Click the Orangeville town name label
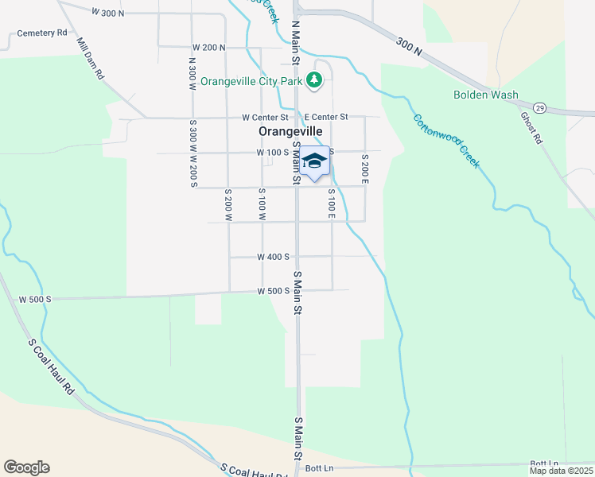[x=290, y=131]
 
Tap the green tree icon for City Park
[x=315, y=79]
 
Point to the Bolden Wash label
[x=485, y=95]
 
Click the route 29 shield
[x=539, y=107]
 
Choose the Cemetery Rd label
[x=42, y=33]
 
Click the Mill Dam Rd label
[x=90, y=57]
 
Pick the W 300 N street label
[x=109, y=13]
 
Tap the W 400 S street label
[x=273, y=257]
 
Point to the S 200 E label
[x=365, y=168]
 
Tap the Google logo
[x=26, y=467]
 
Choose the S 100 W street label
[x=262, y=204]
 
